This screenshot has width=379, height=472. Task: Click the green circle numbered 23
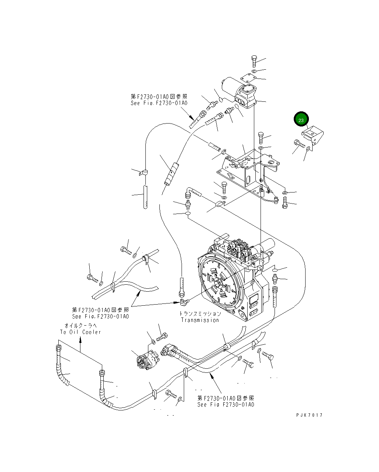pyautogui.click(x=301, y=120)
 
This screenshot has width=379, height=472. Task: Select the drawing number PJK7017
pyautogui.click(x=309, y=415)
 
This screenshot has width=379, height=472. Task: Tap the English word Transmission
pyautogui.click(x=200, y=320)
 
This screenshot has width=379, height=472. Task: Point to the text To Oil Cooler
pyautogui.click(x=80, y=332)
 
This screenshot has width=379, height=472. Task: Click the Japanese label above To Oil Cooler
pyautogui.click(x=80, y=326)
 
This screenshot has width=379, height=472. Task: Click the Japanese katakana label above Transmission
pyautogui.click(x=200, y=314)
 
